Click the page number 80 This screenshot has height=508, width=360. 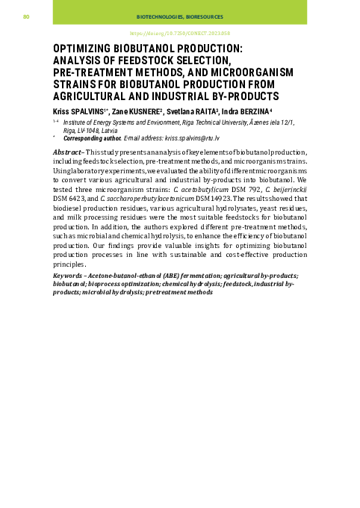pyautogui.click(x=25, y=16)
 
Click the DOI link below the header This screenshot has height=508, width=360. pyautogui.click(x=179, y=34)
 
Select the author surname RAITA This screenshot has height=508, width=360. pyautogui.click(x=205, y=111)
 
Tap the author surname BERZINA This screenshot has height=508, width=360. pyautogui.click(x=253, y=111)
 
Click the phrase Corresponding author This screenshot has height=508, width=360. pyautogui.click(x=92, y=139)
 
